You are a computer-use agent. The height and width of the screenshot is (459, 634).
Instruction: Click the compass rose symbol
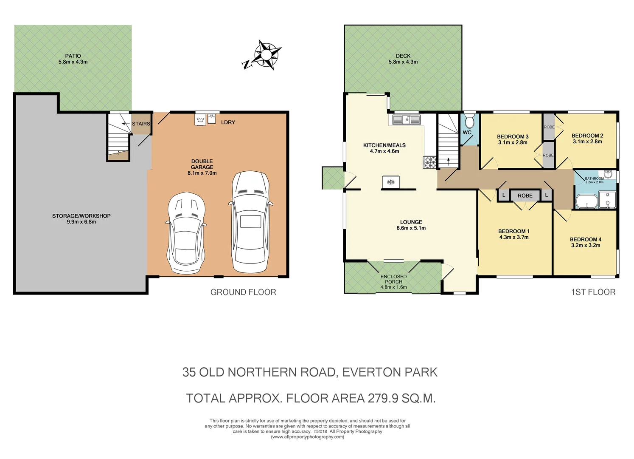click(266, 55)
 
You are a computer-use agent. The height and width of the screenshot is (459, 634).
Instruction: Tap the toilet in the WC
click(469, 122)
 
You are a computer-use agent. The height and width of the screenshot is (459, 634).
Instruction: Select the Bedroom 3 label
click(513, 136)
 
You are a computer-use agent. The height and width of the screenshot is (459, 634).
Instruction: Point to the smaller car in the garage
click(187, 233)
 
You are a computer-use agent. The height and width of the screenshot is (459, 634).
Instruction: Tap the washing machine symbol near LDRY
click(200, 120)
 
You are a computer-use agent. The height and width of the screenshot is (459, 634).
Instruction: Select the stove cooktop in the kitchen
click(429, 162)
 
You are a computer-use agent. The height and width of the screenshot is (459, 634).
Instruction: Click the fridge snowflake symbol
click(390, 182)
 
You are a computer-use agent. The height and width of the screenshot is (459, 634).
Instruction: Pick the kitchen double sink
click(406, 119)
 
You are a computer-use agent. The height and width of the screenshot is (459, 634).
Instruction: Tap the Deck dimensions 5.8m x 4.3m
click(403, 62)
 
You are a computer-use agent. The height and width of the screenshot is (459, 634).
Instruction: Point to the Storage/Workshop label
click(81, 216)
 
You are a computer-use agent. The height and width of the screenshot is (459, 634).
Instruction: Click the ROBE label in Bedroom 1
click(525, 195)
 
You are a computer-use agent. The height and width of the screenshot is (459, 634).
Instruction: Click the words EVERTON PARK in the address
click(390, 372)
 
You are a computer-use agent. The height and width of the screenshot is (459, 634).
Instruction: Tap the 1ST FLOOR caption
click(593, 292)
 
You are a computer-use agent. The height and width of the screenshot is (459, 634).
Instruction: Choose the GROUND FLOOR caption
click(243, 292)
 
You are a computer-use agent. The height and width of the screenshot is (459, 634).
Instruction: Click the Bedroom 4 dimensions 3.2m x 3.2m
click(585, 245)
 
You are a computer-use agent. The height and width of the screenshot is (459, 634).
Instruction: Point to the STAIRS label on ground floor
click(141, 124)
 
